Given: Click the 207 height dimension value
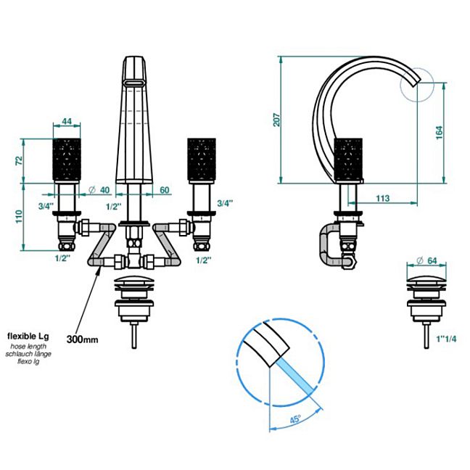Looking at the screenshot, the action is tap(277, 120).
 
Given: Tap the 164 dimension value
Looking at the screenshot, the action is tap(439, 133).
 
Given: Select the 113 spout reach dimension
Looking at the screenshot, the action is tap(383, 198).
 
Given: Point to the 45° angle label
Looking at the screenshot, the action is tap(295, 419).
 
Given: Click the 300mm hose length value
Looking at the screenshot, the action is tap(83, 339).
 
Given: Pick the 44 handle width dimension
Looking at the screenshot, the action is tap(67, 121).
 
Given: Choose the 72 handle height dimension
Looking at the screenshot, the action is tap(19, 160).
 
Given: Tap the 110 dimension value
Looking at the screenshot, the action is tap(19, 216).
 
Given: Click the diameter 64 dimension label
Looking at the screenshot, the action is tap(426, 260).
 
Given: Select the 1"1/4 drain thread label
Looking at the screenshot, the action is tap(446, 339).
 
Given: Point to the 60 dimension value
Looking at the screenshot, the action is tap(165, 190).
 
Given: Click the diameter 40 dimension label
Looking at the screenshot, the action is tap(100, 190).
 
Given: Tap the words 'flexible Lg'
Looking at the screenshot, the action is tap(28, 336).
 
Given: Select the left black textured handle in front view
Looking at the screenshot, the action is tap(67, 159).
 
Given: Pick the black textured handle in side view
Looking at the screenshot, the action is tap(348, 159).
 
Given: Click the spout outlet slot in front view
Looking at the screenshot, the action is tap(134, 83).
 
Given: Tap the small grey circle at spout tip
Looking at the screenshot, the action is tap(417, 85).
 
